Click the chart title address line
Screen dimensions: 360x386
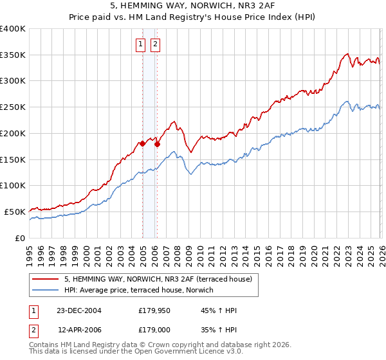click(x=192, y=8)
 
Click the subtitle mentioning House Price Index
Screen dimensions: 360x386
click(x=192, y=19)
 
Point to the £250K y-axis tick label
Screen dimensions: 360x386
click(x=13, y=107)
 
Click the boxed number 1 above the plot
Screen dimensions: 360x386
click(x=140, y=44)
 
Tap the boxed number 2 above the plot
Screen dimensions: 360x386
click(x=156, y=44)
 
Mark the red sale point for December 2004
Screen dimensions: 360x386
click(x=142, y=144)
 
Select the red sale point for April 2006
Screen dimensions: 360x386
click(x=157, y=144)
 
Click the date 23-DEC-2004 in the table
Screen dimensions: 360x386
click(x=79, y=310)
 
